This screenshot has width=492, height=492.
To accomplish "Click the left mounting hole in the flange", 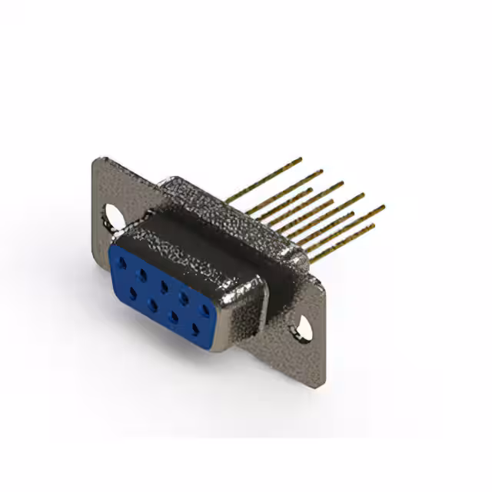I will point(111,216).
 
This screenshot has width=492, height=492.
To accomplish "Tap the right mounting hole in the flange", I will point(305,327).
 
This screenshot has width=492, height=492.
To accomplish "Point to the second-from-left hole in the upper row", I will point(142,267).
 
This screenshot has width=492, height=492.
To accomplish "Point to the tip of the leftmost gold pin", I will point(301,159).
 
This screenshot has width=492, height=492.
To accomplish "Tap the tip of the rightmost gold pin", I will point(383,206).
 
